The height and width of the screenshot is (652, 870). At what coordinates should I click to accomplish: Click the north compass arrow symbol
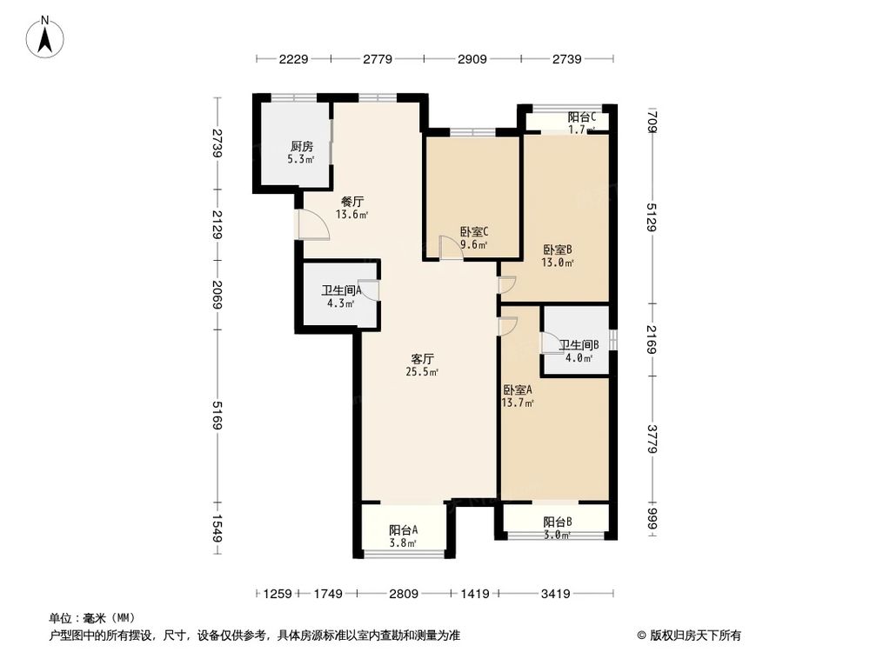(x=49, y=36)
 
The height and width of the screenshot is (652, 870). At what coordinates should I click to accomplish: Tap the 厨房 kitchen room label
(x=302, y=147)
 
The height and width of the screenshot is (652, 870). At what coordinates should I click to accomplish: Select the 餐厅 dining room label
(x=352, y=201)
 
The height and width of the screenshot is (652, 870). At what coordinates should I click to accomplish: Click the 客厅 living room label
(x=423, y=358)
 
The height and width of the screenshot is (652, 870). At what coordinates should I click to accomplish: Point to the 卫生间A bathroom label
(x=341, y=291)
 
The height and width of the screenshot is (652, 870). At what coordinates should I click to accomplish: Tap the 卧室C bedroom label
(x=474, y=232)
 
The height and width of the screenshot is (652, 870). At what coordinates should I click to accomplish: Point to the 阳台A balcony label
(x=403, y=529)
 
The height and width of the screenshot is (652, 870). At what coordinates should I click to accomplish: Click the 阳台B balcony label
(x=557, y=522)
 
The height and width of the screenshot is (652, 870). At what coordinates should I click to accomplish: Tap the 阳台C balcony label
(x=581, y=117)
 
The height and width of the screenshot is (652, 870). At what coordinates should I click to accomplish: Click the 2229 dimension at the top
(x=294, y=59)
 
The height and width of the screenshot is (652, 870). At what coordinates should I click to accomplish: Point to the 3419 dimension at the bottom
(x=556, y=594)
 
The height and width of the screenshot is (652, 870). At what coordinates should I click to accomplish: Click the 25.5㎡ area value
(x=422, y=372)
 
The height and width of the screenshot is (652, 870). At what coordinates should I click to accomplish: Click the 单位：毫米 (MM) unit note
(x=86, y=617)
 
